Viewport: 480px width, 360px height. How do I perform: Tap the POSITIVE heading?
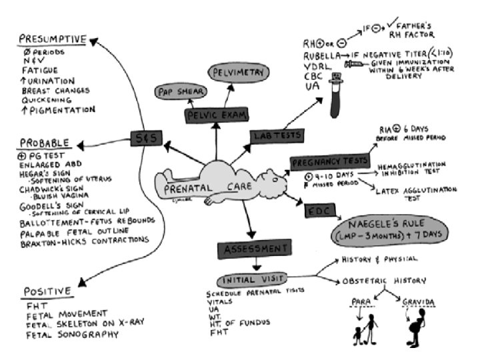(x=47, y=291)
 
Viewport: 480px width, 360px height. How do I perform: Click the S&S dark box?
(x=146, y=139)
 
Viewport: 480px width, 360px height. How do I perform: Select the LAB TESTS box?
(x=276, y=135)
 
